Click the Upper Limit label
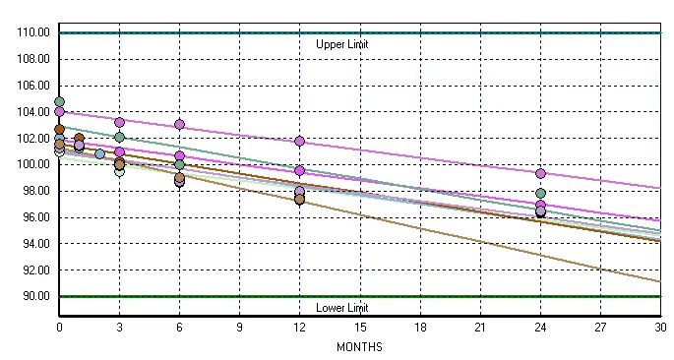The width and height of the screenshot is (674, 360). (x=341, y=44)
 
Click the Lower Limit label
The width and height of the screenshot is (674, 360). (x=341, y=308)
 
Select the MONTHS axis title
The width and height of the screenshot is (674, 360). (x=359, y=347)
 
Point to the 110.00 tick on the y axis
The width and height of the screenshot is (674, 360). (x=32, y=32)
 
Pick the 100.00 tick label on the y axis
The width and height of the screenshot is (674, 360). (x=32, y=164)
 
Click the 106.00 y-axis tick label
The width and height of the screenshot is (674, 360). (x=32, y=86)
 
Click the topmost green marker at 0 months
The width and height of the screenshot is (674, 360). (x=59, y=101)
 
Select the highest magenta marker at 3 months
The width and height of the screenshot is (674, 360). (x=119, y=123)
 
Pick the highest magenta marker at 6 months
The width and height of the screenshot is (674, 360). (x=179, y=125)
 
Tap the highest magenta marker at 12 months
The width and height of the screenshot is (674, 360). (x=299, y=142)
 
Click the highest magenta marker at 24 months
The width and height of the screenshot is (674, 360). (x=540, y=173)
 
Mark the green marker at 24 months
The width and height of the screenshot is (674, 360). (x=540, y=193)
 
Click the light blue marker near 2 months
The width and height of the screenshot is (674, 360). (x=99, y=153)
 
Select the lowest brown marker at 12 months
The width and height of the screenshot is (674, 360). (x=299, y=200)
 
